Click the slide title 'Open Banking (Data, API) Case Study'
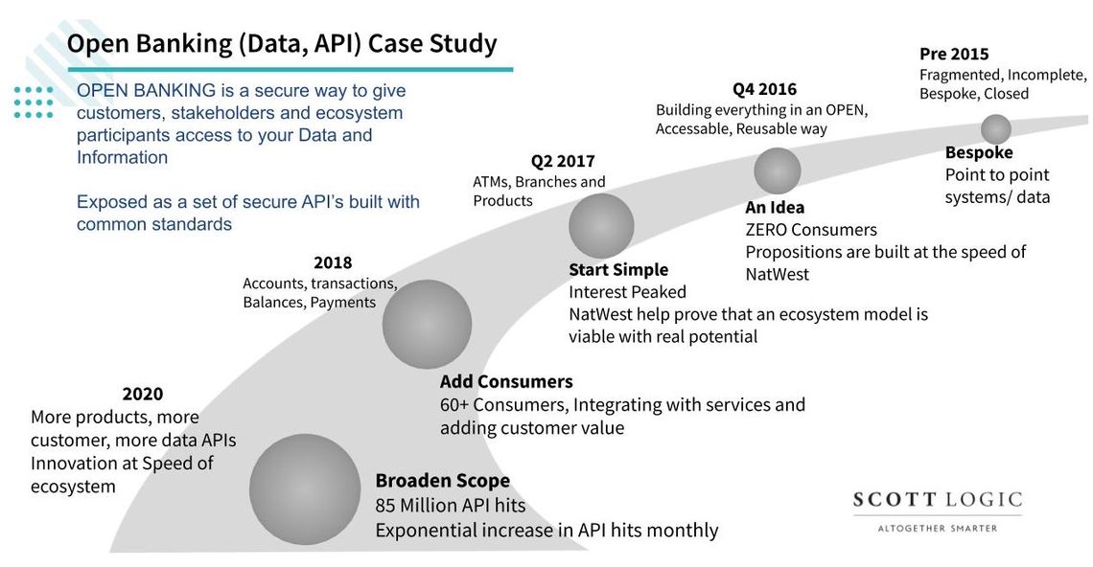click(x=282, y=44)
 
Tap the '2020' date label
click(x=143, y=394)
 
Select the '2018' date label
click(x=333, y=262)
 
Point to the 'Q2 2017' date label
click(x=563, y=161)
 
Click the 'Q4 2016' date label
click(x=764, y=89)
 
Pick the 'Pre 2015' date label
click(x=954, y=54)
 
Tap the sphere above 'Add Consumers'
click(x=427, y=324)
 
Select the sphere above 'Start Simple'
click(x=601, y=226)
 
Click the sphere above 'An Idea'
click(x=777, y=170)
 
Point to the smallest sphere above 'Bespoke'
click(x=996, y=129)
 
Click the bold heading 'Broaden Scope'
click(x=442, y=481)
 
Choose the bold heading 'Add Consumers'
click(x=506, y=382)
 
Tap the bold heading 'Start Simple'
click(x=618, y=270)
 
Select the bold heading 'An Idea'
click(x=775, y=208)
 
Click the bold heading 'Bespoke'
click(x=979, y=153)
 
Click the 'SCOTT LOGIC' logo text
click(x=937, y=501)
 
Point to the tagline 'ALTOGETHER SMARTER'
click(x=937, y=528)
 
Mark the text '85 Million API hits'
click(x=450, y=506)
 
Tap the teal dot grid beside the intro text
click(x=34, y=102)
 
